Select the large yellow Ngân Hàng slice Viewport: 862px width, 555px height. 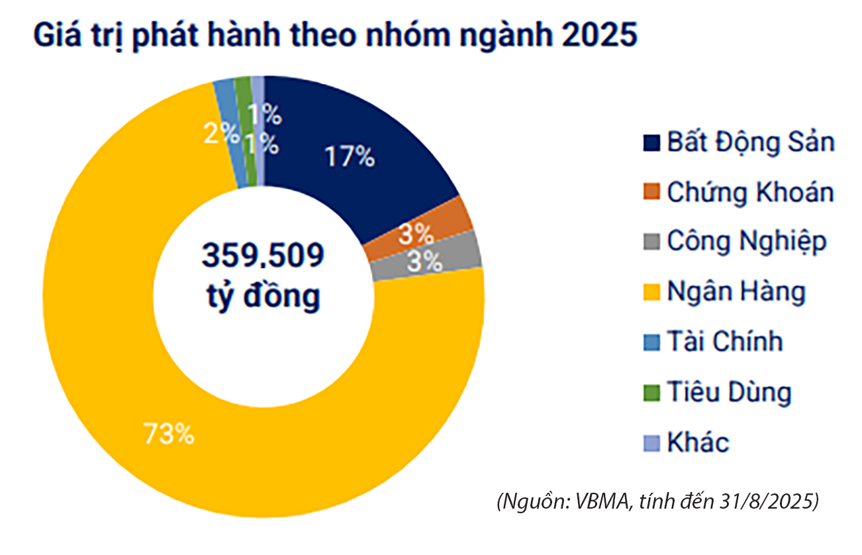coord(265,450)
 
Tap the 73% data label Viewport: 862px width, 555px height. coord(169,434)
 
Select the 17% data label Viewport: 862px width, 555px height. coord(349,158)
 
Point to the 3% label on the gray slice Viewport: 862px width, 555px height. coord(424,262)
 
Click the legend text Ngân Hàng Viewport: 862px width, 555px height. coord(736,291)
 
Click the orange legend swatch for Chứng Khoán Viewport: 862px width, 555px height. coord(652,192)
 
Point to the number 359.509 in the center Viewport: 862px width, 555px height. coord(263,255)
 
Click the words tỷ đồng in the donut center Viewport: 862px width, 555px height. coord(263,296)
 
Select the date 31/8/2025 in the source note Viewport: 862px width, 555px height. coord(768,502)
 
